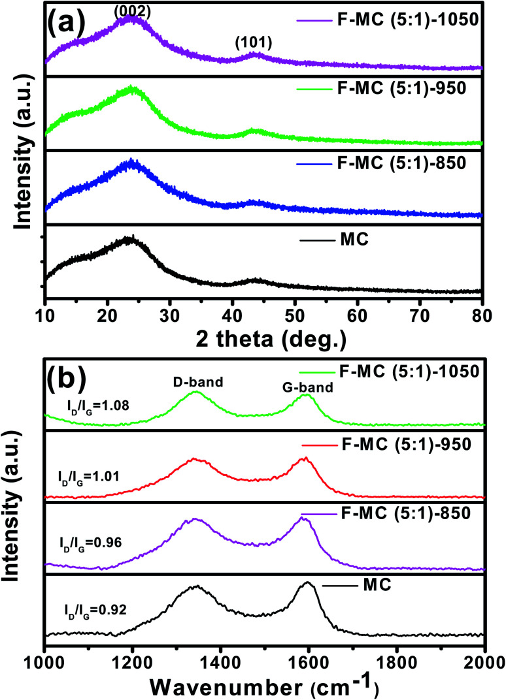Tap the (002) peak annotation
point(133,10)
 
